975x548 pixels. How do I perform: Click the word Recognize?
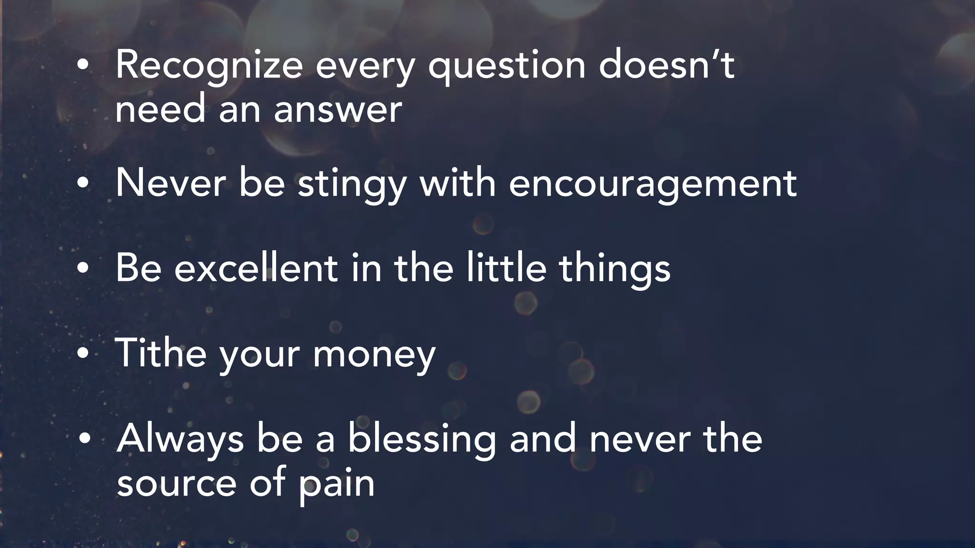pos(209,66)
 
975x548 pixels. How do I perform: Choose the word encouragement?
pos(653,185)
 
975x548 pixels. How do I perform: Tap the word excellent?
pos(256,268)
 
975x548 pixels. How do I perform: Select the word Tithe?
pos(161,353)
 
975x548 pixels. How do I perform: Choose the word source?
pos(177,483)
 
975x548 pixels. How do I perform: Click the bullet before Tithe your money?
pos(83,353)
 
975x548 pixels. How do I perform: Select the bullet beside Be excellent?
pos(83,268)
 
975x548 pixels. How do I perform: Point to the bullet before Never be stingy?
pos(83,184)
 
